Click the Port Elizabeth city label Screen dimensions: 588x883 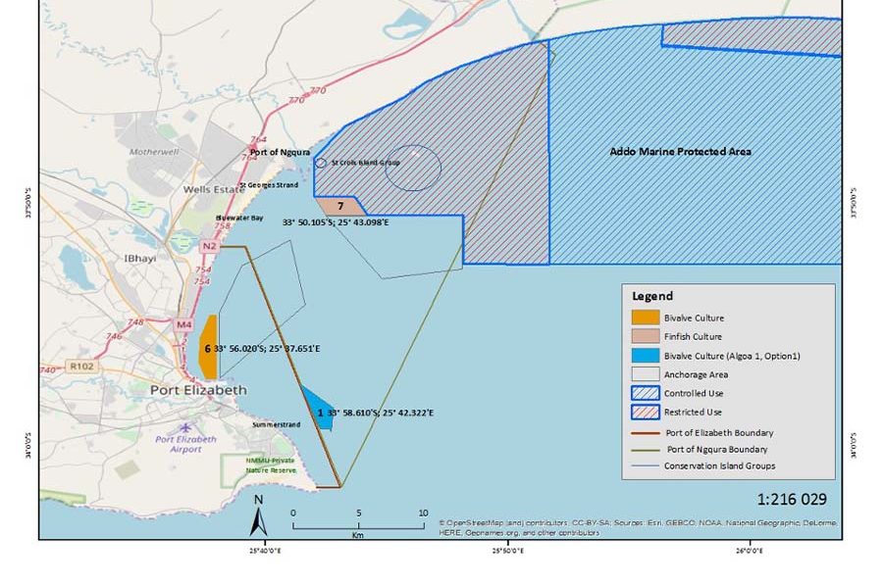[198, 389]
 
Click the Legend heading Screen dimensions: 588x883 [652, 296]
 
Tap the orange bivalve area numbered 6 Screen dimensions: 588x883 [208, 347]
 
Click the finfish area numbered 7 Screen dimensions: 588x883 [341, 206]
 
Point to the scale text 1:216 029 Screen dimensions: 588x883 [792, 499]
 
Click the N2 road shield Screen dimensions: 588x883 [209, 246]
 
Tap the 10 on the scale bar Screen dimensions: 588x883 [423, 513]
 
